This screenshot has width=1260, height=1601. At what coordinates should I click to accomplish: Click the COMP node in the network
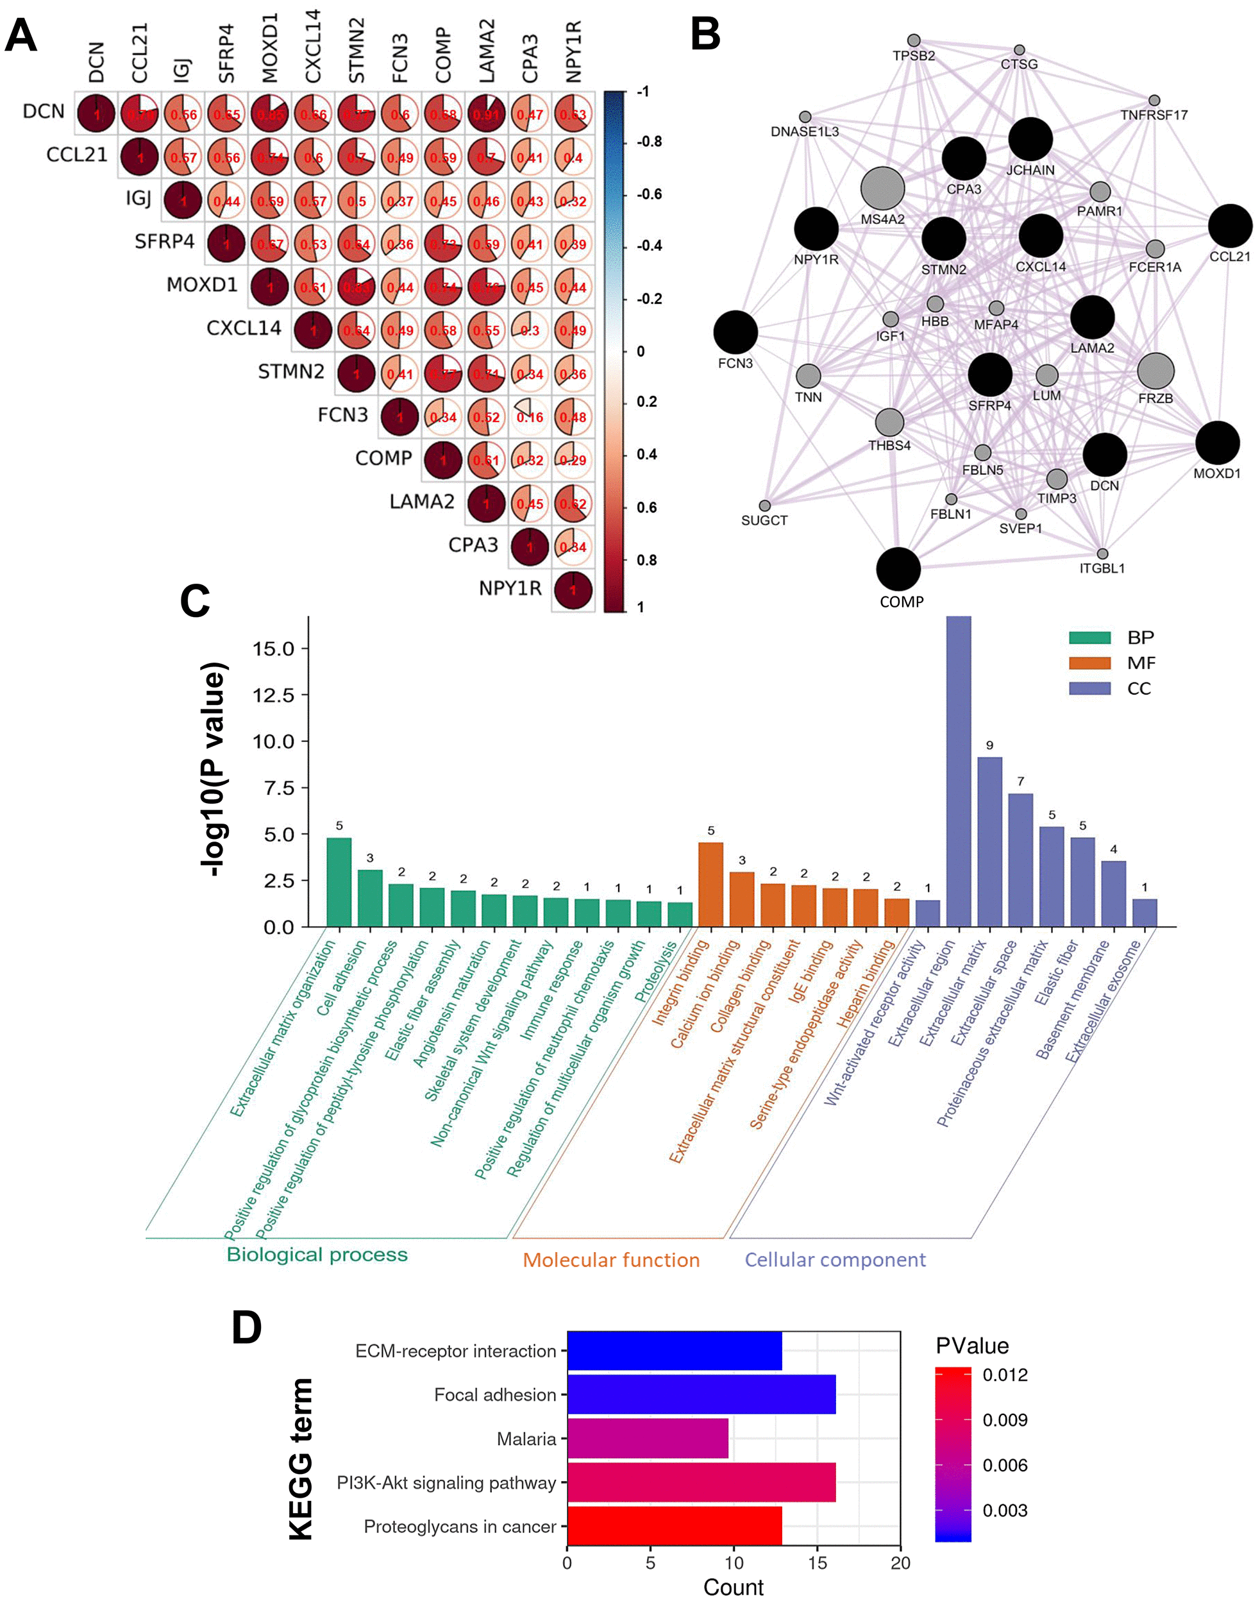coord(898,569)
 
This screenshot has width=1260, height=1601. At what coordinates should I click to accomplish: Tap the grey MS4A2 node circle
coord(882,189)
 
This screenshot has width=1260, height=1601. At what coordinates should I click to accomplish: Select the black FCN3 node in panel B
coord(735,332)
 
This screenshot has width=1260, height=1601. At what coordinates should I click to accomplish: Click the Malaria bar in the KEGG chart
coord(647,1438)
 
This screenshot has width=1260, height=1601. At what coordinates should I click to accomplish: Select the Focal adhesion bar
coord(701,1394)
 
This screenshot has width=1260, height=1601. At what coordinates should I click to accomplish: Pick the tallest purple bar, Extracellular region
coord(958,771)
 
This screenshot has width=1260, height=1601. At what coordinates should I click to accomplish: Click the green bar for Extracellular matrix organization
coord(339,882)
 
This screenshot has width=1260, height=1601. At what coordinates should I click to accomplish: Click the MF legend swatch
coord(1089,663)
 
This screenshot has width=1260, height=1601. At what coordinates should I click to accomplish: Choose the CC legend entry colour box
coord(1089,688)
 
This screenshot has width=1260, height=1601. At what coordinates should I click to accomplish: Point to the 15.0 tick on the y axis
coord(273,648)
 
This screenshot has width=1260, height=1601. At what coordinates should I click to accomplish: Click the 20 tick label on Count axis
coord(900,1562)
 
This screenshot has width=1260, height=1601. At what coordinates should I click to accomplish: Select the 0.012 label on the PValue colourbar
coord(1005,1375)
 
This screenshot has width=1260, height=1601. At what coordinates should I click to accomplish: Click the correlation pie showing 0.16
coord(530,417)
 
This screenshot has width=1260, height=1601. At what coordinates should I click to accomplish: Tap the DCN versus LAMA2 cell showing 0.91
coord(486,114)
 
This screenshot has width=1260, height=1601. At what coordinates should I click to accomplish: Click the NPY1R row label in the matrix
coord(510,589)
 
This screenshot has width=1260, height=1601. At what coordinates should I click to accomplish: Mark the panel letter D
coord(246,1328)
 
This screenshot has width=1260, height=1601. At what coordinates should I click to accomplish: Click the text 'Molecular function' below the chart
coord(611,1259)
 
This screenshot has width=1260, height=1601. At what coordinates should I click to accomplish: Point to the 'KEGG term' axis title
coord(301,1458)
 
